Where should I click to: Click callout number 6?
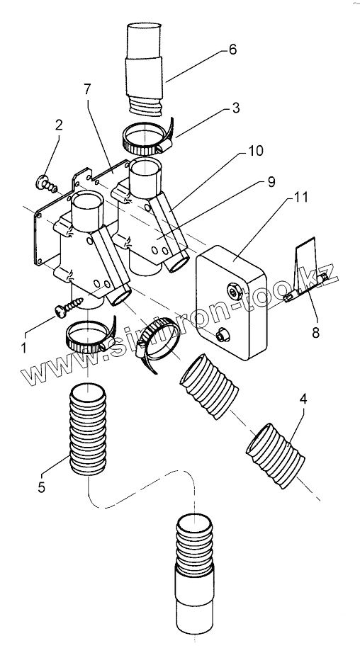point(232,50)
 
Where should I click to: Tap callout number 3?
point(235,108)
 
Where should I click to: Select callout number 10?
point(256,151)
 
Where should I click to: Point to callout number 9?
point(271,182)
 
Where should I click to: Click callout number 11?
point(301,197)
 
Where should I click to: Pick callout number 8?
point(316,333)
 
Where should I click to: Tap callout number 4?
point(303,399)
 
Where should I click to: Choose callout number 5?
point(41,487)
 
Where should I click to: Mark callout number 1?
point(23,348)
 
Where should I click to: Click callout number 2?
point(59,125)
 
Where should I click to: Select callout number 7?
point(87,89)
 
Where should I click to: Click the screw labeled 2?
point(46,184)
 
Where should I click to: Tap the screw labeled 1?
point(69,307)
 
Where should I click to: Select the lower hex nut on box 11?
point(223,334)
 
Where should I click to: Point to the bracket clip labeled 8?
point(306,269)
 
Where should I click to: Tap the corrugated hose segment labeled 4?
point(275,455)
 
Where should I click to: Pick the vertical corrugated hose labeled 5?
point(88,429)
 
